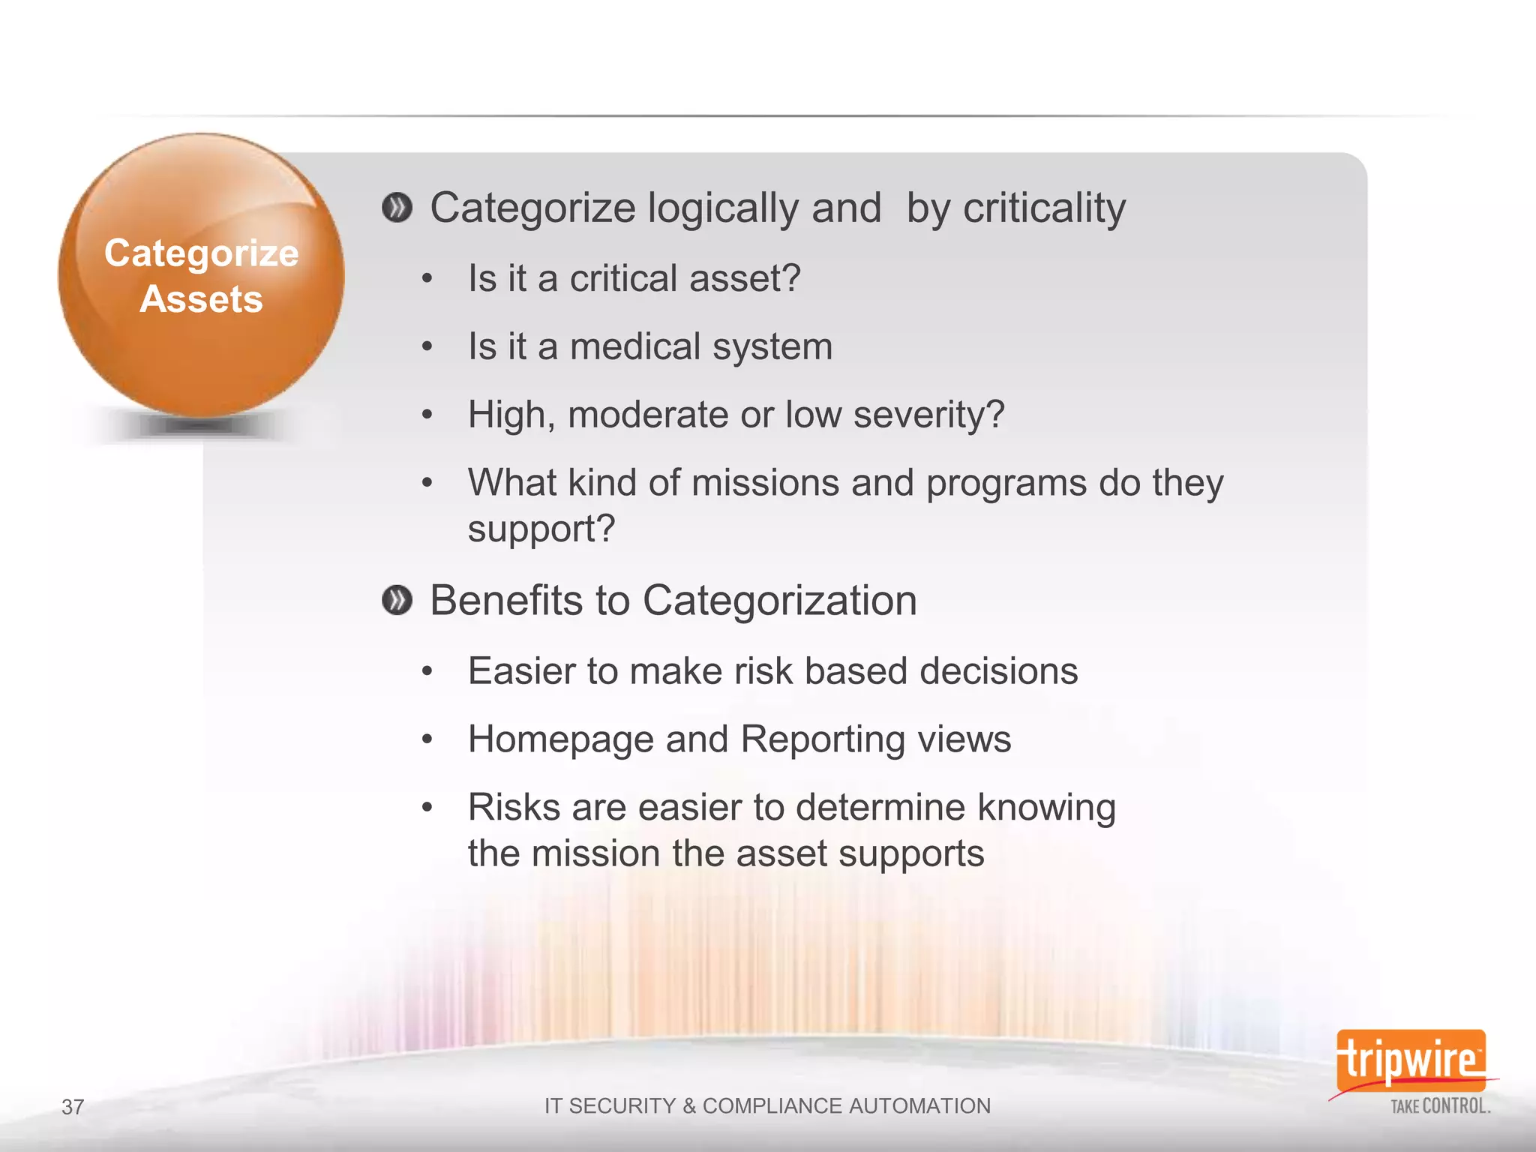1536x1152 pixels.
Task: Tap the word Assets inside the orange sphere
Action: click(x=201, y=299)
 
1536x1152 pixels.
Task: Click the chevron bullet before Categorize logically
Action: click(x=397, y=208)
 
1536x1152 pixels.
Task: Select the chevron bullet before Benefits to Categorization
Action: click(x=397, y=601)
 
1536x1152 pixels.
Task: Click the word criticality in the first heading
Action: click(x=1044, y=208)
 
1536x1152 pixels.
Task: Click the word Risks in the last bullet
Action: click(x=514, y=808)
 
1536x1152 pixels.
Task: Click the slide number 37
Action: click(x=73, y=1107)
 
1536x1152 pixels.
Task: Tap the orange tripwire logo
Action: click(x=1410, y=1060)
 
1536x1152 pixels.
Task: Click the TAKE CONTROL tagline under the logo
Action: click(x=1440, y=1106)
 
